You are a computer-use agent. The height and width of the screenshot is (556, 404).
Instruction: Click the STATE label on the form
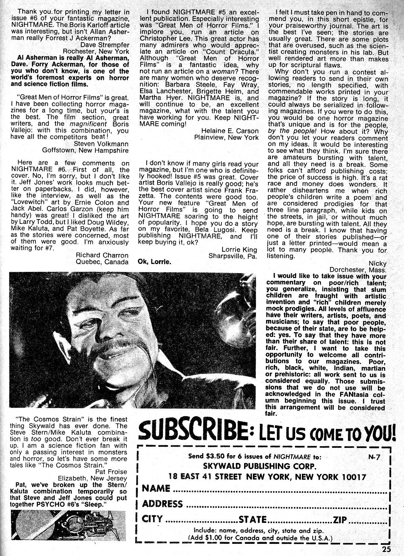coord(253,519)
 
